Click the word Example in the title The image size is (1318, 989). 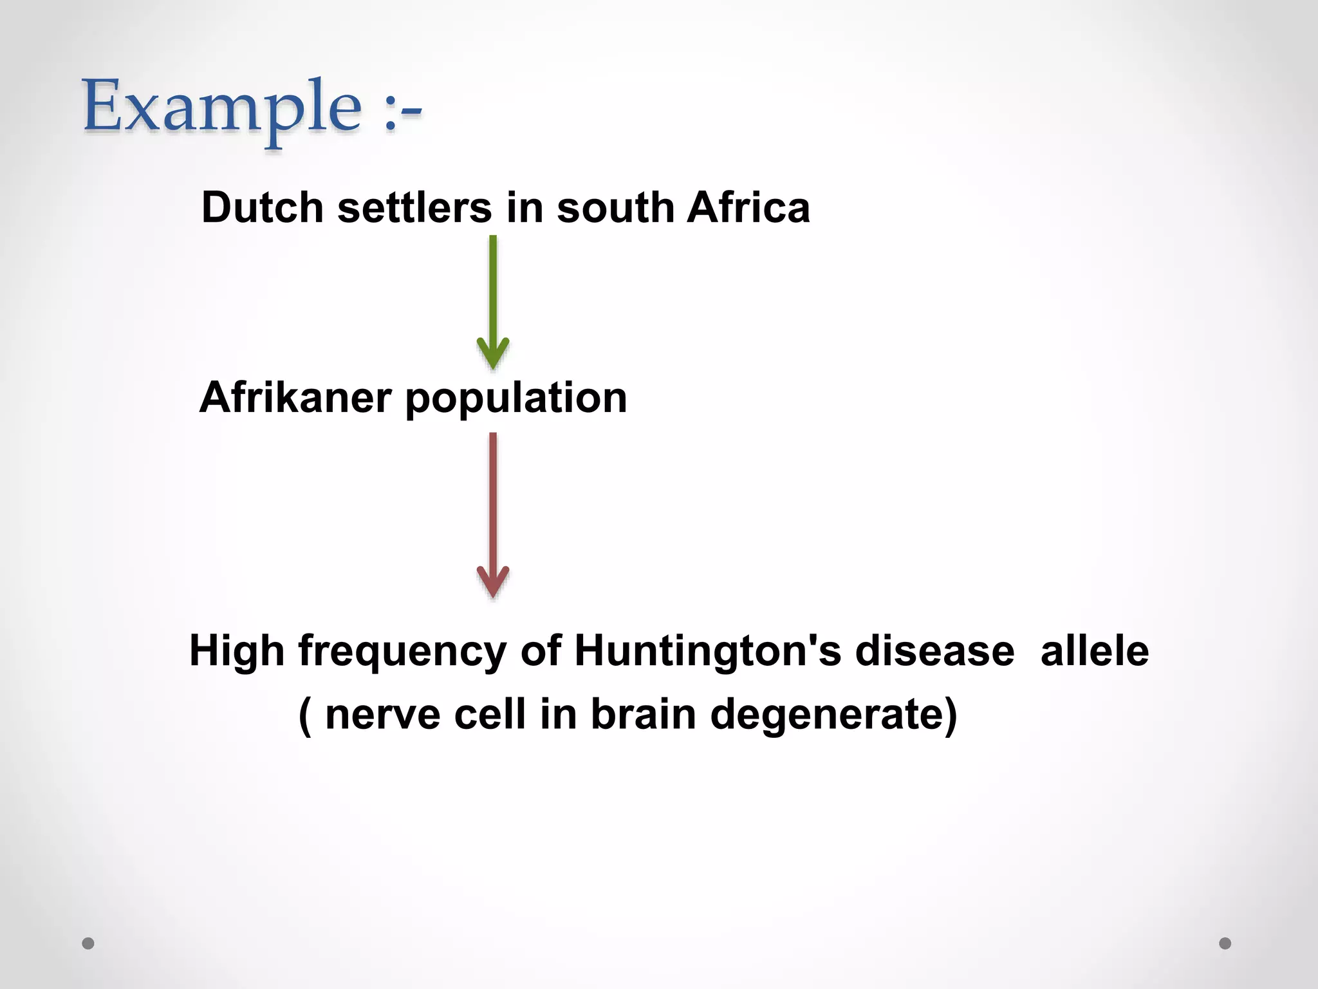tap(222, 108)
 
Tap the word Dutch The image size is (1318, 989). tap(262, 207)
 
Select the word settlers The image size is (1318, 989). tap(414, 207)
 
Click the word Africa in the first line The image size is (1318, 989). tap(748, 207)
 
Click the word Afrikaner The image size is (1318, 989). tap(295, 397)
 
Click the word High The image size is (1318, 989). tap(237, 651)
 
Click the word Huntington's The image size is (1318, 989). tap(707, 651)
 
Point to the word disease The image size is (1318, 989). tap(934, 651)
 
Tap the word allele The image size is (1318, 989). tap(1094, 651)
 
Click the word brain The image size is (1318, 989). tap(644, 714)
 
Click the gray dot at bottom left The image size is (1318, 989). tap(88, 943)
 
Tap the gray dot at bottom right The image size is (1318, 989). tap(1225, 943)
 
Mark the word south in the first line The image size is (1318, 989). tap(615, 207)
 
